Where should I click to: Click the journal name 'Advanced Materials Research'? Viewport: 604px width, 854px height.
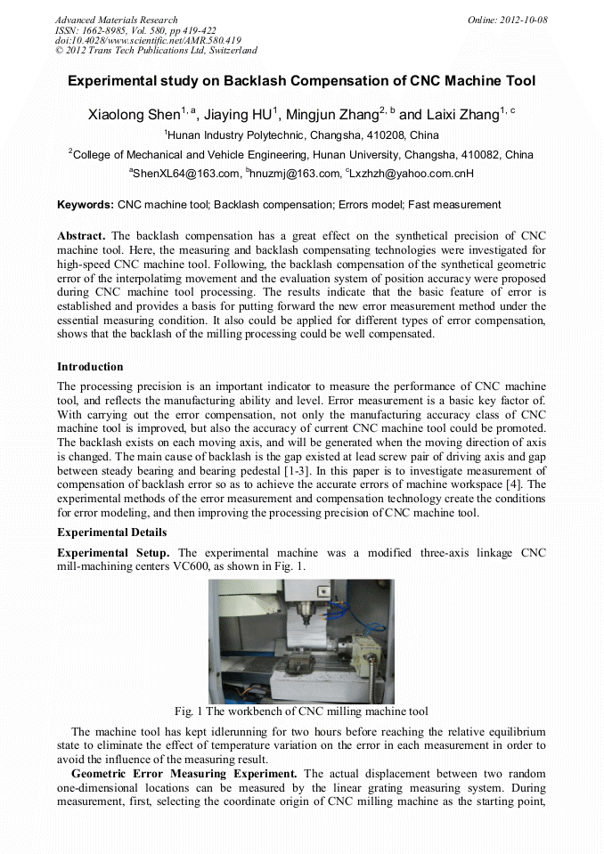(x=116, y=20)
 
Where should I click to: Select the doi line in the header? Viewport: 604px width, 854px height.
(x=148, y=40)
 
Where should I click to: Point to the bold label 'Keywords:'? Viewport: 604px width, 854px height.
(x=86, y=205)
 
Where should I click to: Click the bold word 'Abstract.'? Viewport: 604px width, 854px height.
(x=82, y=236)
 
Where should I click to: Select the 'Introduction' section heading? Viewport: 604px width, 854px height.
(x=90, y=367)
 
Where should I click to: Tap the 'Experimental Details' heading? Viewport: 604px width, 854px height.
(x=111, y=533)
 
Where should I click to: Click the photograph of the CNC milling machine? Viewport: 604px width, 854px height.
(x=301, y=641)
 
